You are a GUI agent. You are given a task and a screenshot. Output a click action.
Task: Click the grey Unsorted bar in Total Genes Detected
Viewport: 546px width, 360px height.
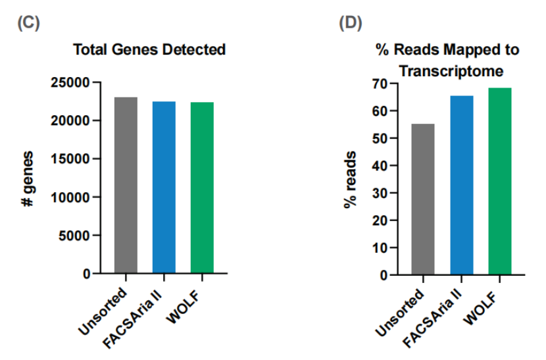126,185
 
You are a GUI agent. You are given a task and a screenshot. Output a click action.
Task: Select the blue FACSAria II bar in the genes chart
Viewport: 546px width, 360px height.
164,187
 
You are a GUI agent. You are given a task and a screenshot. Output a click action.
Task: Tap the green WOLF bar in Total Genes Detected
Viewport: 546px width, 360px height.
202,188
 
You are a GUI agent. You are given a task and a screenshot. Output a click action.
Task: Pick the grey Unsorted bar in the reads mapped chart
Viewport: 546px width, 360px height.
422,199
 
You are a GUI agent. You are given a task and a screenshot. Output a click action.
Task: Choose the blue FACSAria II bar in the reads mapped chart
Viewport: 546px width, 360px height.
461,185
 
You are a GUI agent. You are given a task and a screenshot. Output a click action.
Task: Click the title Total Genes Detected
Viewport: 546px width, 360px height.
149,49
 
